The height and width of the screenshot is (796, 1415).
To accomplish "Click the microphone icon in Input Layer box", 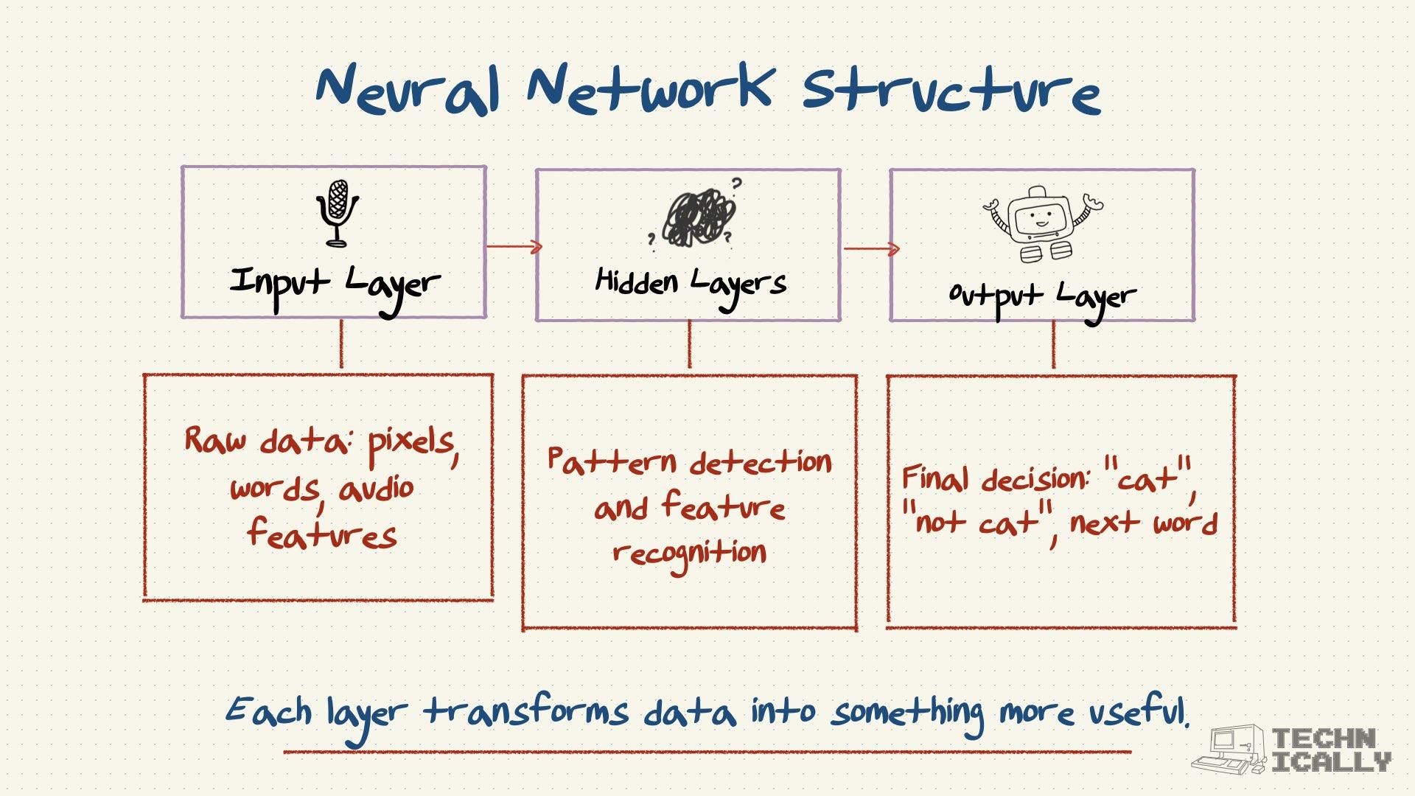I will (x=337, y=213).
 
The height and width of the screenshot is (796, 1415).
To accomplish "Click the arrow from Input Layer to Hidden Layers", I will (x=514, y=247).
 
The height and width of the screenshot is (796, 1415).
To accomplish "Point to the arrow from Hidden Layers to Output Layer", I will (x=871, y=248).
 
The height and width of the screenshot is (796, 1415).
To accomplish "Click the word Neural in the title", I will (x=408, y=88).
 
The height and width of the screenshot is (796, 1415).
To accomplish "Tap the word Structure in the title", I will (x=951, y=92).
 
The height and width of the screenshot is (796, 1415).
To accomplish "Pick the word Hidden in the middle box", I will (x=636, y=282).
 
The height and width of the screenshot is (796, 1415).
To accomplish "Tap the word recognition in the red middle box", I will (x=689, y=553).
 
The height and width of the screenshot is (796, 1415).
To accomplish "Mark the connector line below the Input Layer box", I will (x=341, y=345).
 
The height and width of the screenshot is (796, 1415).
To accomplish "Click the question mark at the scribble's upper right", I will (x=736, y=184).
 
